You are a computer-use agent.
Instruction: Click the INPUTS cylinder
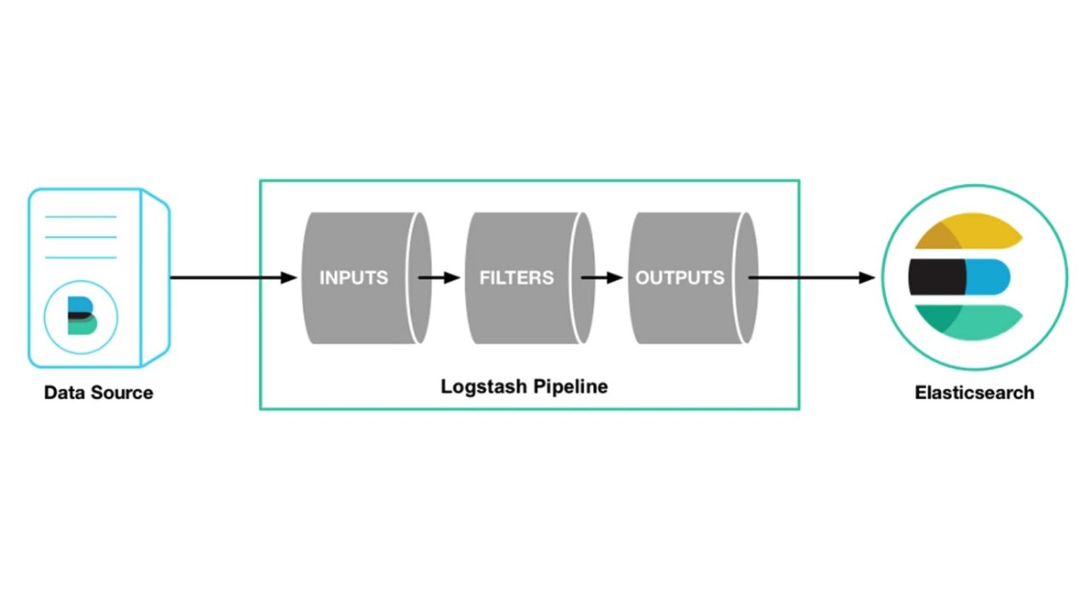[358, 278]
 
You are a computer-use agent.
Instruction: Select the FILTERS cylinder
[520, 278]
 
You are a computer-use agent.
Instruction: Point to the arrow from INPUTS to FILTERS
[439, 278]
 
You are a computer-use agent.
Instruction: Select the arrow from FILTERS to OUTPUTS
[602, 278]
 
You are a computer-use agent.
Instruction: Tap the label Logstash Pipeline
[523, 386]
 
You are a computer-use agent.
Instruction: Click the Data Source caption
[99, 393]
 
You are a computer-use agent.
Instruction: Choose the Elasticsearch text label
[974, 393]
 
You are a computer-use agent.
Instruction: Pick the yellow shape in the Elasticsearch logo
[972, 232]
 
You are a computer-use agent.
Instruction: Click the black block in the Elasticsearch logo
[936, 277]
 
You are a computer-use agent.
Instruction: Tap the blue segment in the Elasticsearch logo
[989, 277]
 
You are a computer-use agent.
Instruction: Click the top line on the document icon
[81, 217]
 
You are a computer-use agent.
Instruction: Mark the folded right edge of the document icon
[155, 278]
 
